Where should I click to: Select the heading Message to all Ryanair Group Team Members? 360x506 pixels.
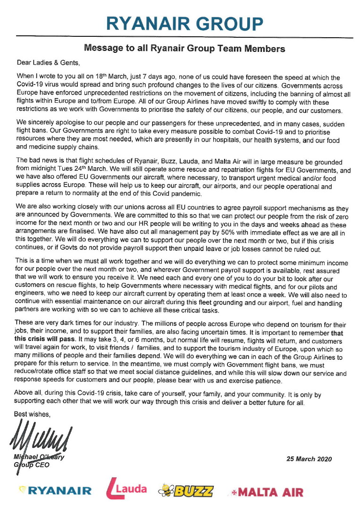(x=184, y=48)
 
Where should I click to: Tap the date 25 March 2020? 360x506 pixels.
(x=309, y=459)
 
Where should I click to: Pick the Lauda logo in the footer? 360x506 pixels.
(x=126, y=489)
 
